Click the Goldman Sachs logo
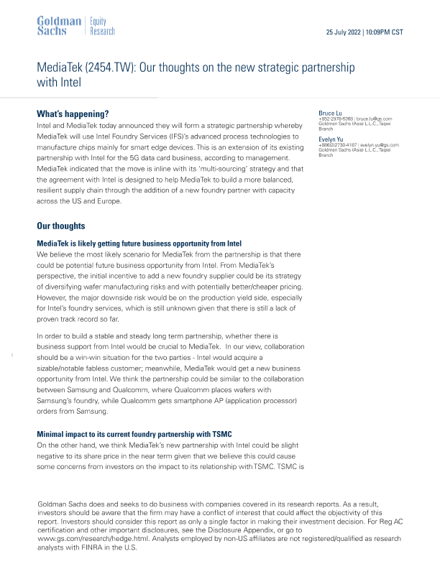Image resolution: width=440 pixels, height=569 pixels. (59, 26)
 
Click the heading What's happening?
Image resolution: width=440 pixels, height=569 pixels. (73, 114)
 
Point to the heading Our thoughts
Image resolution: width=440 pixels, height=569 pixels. (60, 226)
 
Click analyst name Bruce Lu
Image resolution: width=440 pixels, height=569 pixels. (331, 113)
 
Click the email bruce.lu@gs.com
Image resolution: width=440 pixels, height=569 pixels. (374, 119)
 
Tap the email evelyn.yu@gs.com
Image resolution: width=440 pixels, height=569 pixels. (378, 145)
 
